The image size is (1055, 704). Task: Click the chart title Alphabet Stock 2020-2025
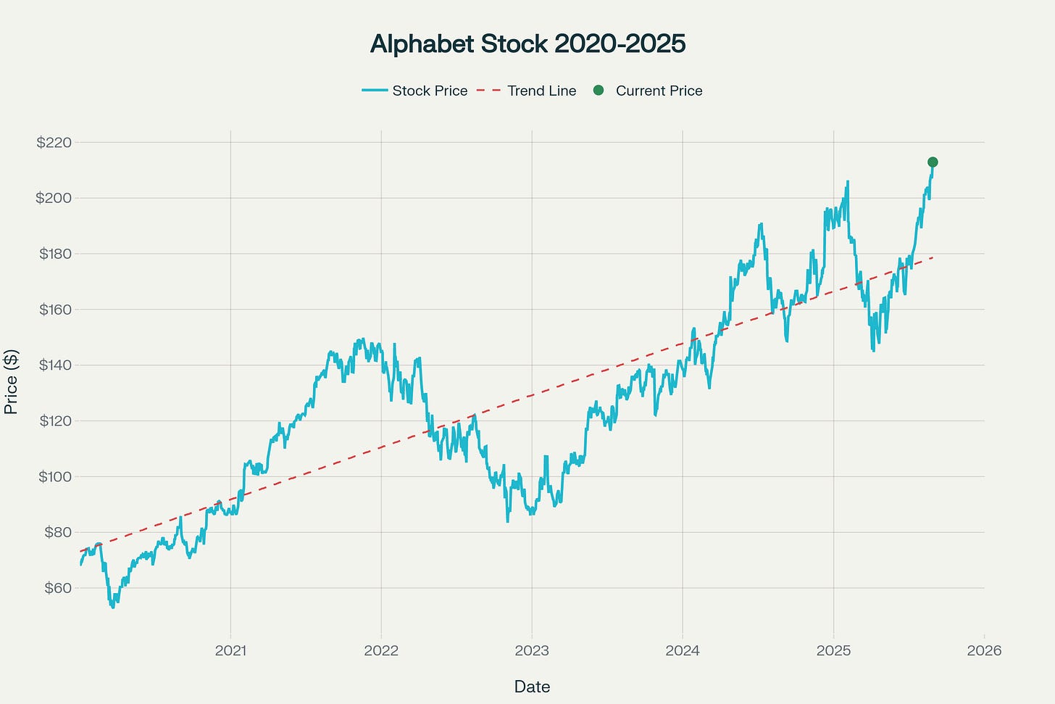point(527,44)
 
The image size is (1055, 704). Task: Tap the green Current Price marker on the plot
point(933,162)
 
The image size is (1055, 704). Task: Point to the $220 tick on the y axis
point(54,142)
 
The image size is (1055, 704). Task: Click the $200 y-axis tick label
point(54,198)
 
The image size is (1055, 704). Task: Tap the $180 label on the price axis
point(54,254)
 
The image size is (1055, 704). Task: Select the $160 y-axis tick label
point(54,310)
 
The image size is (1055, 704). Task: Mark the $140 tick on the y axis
point(54,365)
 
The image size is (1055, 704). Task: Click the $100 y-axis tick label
point(54,476)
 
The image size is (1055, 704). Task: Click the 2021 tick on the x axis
point(230,650)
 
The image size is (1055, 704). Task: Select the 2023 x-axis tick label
point(532,650)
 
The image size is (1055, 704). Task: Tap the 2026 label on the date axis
point(984,650)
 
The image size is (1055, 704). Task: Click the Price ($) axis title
point(11,381)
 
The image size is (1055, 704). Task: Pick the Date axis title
point(532,687)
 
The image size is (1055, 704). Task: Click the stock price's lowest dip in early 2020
point(112,607)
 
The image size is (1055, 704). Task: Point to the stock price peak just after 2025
point(847,182)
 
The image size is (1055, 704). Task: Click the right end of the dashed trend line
point(932,257)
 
